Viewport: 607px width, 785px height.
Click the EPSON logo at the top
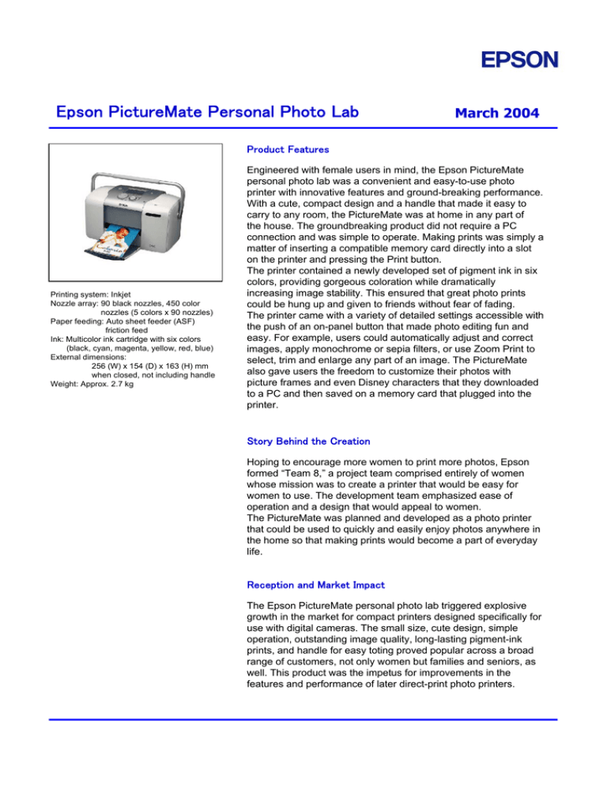coord(511,60)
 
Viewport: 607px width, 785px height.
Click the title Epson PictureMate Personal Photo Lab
coord(208,112)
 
